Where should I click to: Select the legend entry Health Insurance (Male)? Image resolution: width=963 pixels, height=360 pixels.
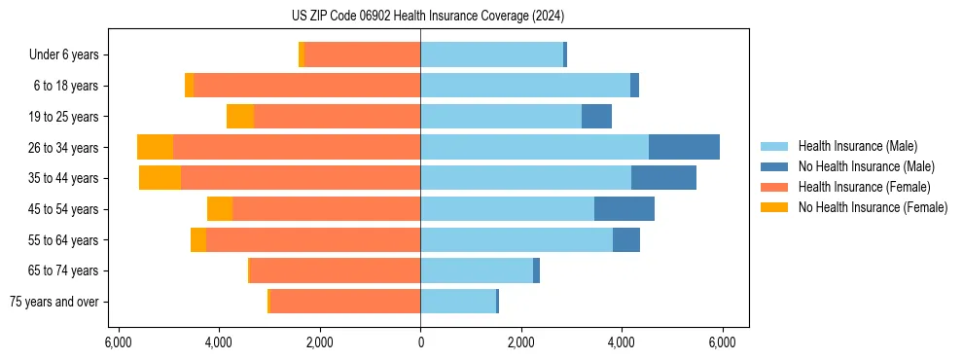tap(857, 146)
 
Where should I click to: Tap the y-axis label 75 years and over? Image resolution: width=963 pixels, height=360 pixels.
tap(53, 302)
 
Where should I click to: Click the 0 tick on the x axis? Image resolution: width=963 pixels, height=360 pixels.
tap(420, 342)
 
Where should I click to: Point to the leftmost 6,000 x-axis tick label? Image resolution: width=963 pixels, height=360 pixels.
tap(118, 342)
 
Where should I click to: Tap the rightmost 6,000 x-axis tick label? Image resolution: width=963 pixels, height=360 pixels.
tap(722, 342)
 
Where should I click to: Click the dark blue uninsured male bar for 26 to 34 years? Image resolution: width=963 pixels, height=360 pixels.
tap(684, 147)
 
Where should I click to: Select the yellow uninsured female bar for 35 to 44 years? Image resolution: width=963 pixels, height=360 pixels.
tap(160, 178)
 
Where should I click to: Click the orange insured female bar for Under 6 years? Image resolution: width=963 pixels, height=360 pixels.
tap(362, 54)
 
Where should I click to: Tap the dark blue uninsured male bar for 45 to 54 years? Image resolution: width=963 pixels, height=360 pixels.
tap(624, 209)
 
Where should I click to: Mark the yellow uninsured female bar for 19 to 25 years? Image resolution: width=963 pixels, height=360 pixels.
tap(240, 117)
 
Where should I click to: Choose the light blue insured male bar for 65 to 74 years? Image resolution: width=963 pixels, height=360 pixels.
tap(477, 270)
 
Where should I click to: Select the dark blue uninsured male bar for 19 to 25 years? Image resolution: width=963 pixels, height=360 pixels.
tap(596, 117)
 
